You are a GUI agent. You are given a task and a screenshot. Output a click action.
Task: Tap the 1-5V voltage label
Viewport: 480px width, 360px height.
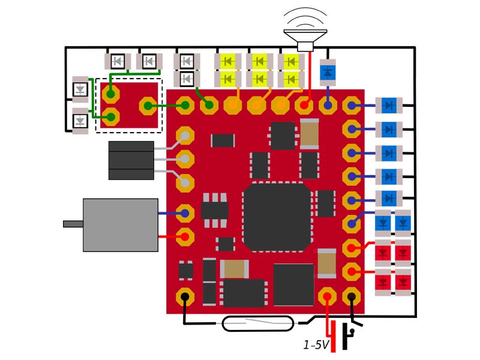click(316, 345)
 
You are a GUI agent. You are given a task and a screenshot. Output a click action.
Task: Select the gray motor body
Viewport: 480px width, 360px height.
click(121, 225)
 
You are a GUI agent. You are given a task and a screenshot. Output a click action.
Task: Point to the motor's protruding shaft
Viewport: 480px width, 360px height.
click(73, 224)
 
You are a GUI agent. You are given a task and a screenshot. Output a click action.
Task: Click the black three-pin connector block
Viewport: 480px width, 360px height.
click(131, 160)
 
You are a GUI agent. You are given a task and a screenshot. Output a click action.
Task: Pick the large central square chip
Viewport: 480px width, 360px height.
click(277, 217)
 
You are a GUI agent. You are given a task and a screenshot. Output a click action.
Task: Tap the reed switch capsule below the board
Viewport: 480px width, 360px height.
click(258, 323)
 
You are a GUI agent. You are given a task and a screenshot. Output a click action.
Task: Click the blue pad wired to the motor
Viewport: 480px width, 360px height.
click(185, 213)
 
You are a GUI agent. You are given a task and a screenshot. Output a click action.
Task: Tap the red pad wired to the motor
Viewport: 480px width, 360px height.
click(185, 237)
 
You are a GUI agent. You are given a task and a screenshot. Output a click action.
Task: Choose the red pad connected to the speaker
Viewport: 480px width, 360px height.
click(304, 106)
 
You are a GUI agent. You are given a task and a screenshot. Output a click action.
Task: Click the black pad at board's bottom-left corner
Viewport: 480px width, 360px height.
click(185, 296)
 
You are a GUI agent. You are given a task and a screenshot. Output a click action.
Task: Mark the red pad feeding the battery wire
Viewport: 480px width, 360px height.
click(327, 296)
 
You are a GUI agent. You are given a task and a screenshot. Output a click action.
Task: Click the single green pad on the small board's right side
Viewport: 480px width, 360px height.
click(148, 106)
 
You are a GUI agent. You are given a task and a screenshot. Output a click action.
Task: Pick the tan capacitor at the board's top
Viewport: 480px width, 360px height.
click(310, 133)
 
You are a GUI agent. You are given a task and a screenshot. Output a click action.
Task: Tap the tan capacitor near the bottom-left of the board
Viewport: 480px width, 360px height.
click(234, 269)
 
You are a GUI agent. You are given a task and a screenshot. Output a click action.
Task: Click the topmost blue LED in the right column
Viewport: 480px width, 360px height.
click(389, 106)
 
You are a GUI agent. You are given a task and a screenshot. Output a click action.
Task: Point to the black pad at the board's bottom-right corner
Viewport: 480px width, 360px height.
click(352, 296)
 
